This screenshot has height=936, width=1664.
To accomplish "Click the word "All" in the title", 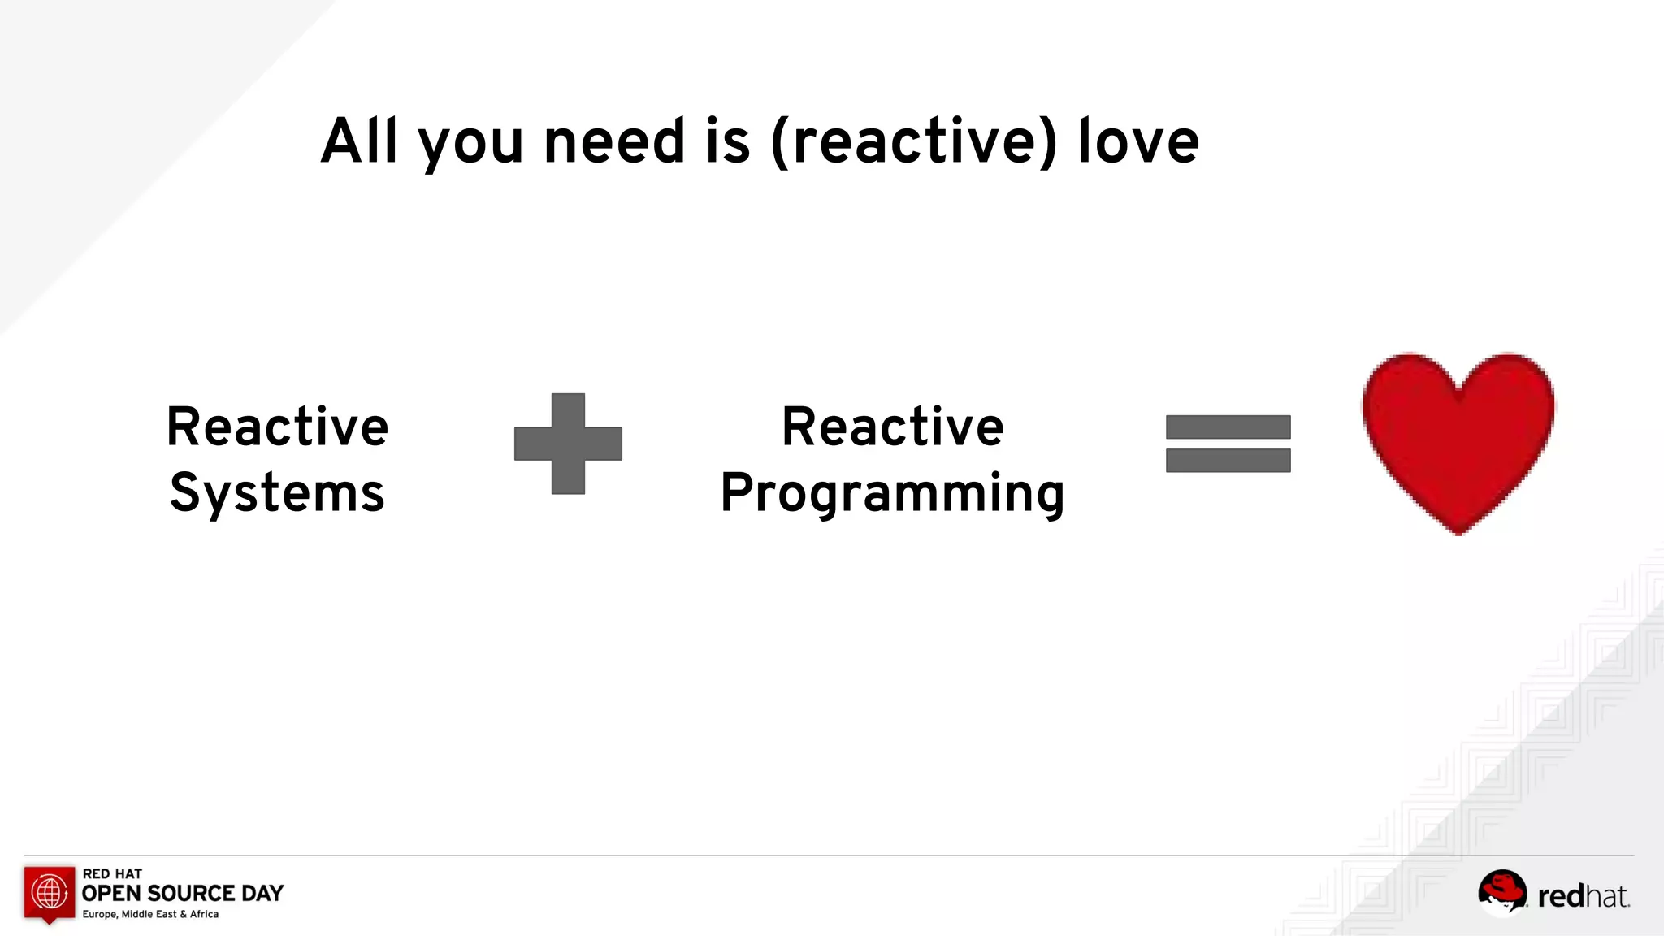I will click(359, 141).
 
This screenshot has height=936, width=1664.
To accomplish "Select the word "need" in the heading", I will click(614, 141).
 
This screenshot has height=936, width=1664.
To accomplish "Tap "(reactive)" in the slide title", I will click(914, 142).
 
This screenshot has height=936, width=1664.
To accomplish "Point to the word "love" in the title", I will click(1138, 141).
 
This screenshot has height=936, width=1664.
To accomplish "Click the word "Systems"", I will click(277, 493).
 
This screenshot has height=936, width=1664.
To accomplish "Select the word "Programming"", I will click(892, 494).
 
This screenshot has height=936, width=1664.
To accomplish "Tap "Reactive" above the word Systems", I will click(277, 427).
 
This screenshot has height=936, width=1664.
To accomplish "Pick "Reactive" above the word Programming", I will click(892, 427).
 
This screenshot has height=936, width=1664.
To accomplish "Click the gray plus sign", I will click(568, 444).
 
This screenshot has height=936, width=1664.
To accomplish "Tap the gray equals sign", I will click(1228, 444).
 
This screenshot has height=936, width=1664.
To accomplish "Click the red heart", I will click(1458, 439).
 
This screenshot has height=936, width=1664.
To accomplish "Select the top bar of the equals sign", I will click(1228, 427).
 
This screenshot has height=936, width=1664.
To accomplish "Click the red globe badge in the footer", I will click(50, 893).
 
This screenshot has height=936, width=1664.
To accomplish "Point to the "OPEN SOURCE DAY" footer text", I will click(183, 894).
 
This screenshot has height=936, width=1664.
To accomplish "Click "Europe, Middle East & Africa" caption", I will click(150, 914).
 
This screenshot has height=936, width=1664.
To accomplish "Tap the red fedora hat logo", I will click(1501, 891).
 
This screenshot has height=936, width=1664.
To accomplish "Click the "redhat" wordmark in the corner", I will click(1583, 896).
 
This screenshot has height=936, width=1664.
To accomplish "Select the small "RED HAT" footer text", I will click(112, 873).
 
